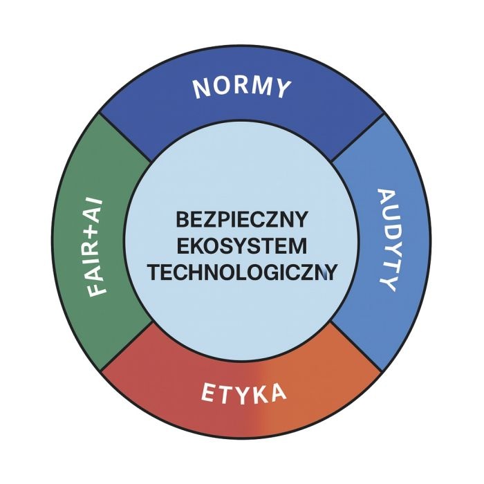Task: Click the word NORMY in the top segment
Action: [x=242, y=89]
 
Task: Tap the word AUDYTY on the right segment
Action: [x=387, y=240]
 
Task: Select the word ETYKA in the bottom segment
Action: [x=243, y=393]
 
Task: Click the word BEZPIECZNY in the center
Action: [x=242, y=219]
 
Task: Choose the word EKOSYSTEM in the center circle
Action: [x=242, y=246]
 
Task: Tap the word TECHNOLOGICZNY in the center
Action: [x=242, y=273]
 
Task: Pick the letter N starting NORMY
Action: [x=201, y=89]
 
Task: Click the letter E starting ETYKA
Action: [x=208, y=392]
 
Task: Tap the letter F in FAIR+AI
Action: [x=97, y=290]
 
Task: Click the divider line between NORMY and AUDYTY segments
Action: [x=357, y=138]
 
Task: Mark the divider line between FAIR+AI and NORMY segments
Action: [x=126, y=137]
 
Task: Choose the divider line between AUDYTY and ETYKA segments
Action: [x=356, y=346]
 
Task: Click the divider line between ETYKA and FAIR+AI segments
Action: [x=127, y=346]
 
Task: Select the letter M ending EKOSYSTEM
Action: [x=299, y=246]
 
